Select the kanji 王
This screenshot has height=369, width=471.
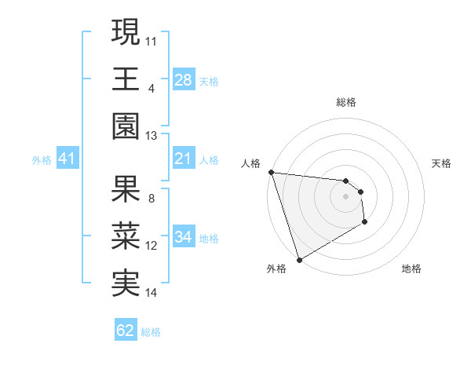[x=126, y=79]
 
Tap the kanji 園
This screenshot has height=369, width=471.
[x=126, y=126]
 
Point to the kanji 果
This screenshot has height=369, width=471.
[x=126, y=189]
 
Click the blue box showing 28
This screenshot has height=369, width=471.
[x=183, y=79]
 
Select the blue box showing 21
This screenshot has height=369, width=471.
[x=183, y=159]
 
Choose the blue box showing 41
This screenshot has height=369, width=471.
[x=68, y=159]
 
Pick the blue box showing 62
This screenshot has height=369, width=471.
[x=126, y=331]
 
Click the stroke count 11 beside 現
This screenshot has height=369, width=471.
[x=152, y=40]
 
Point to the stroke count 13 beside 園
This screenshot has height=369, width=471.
[x=152, y=136]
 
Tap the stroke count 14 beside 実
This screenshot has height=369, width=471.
[x=152, y=293]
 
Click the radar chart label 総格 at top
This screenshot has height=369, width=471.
[x=346, y=102]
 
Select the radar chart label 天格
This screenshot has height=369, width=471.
[x=442, y=163]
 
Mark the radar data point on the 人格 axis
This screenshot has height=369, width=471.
[x=271, y=172]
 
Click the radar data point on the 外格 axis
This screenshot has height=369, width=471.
[x=299, y=258]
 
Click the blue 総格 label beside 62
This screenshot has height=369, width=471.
[x=151, y=332]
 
